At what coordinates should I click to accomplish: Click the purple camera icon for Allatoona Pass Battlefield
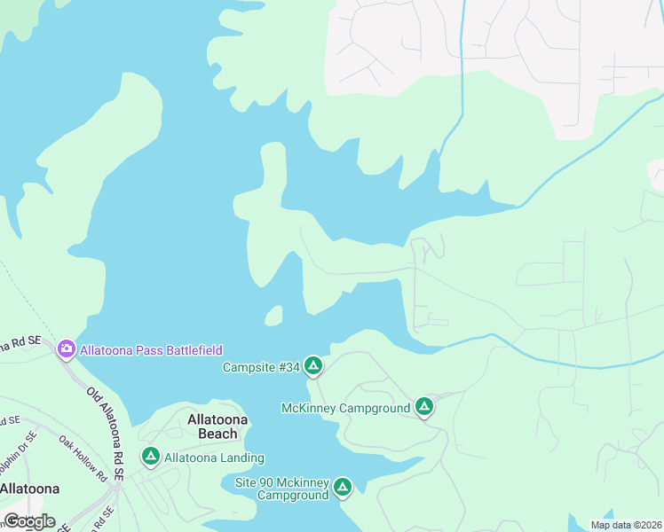(66, 349)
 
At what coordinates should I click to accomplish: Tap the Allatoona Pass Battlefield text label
(151, 350)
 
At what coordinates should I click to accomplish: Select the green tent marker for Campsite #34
(312, 365)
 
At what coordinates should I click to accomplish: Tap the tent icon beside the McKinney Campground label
(424, 407)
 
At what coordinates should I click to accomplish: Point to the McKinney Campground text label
(345, 408)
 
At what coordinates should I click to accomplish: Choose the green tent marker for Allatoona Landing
(151, 457)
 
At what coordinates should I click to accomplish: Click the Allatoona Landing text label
(215, 458)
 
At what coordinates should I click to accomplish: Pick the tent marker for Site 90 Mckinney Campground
(343, 487)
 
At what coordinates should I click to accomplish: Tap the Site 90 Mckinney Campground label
(281, 489)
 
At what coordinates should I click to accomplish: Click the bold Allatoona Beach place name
(212, 426)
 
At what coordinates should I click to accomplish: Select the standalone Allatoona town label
(29, 489)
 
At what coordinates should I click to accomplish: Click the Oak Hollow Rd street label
(83, 457)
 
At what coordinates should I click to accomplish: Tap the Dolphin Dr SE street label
(20, 437)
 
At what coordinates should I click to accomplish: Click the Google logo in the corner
(28, 520)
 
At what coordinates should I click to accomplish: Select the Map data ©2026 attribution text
(625, 524)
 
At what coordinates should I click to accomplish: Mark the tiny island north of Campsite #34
(273, 315)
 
